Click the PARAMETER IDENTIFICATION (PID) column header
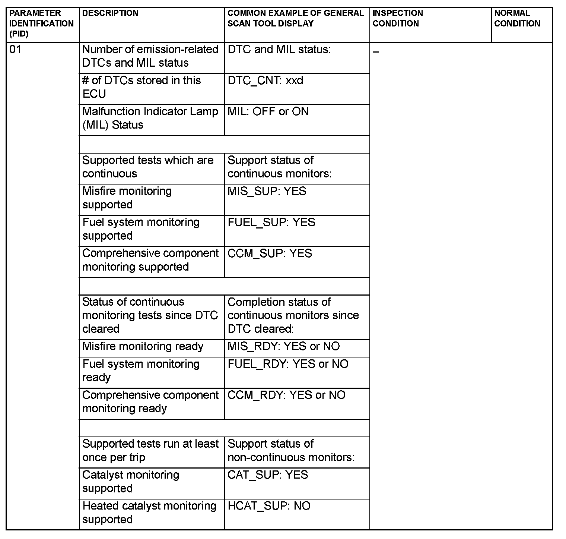click(41, 23)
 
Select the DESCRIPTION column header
click(110, 13)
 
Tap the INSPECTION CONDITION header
click(398, 18)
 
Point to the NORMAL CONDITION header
click(517, 18)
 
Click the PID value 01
click(15, 50)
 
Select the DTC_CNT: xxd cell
click(265, 81)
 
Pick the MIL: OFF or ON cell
click(268, 111)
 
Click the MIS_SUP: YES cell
click(267, 191)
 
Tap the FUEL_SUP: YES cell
click(271, 222)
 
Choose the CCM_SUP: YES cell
click(270, 253)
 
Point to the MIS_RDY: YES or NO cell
click(283, 346)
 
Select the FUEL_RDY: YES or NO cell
click(288, 364)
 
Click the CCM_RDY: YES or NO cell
click(286, 395)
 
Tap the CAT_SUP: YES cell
click(268, 475)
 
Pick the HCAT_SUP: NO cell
click(269, 506)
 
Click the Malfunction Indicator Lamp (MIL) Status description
click(150, 118)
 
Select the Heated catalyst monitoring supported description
click(149, 513)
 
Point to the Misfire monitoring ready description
click(143, 346)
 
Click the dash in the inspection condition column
click(376, 52)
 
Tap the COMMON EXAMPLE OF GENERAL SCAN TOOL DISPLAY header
click(295, 18)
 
